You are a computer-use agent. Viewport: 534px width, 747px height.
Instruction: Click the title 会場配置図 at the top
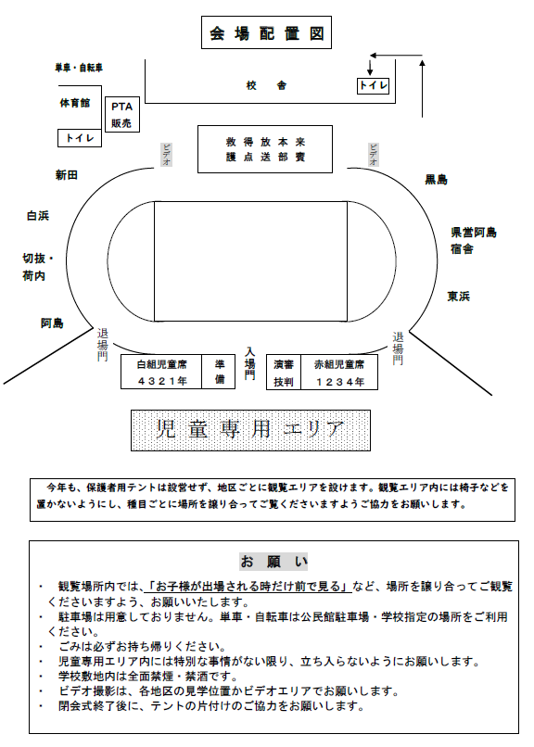click(x=266, y=32)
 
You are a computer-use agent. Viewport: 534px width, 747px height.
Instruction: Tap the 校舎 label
click(x=266, y=85)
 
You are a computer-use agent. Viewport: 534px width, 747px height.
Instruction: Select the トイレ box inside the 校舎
click(x=373, y=86)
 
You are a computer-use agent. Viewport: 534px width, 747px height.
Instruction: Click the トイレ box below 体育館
click(x=80, y=138)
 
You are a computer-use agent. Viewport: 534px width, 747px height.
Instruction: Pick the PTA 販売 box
click(x=122, y=115)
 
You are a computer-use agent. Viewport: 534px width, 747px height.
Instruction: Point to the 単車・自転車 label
click(x=79, y=68)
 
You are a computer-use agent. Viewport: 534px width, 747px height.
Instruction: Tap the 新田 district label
click(x=66, y=175)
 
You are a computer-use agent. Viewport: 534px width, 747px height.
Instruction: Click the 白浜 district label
click(x=38, y=216)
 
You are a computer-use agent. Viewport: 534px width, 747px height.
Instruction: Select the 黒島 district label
click(x=436, y=180)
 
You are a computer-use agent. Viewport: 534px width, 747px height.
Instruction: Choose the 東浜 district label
click(x=458, y=297)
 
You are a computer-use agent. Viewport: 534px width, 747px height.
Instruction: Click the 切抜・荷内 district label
click(x=38, y=267)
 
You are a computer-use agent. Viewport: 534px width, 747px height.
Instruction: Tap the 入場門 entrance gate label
click(x=249, y=363)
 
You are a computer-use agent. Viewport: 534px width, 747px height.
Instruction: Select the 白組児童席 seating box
click(x=161, y=372)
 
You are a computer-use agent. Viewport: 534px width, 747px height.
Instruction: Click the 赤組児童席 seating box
click(x=339, y=372)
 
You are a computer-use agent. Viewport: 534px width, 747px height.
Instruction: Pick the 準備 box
click(x=219, y=372)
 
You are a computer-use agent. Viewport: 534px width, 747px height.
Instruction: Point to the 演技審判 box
click(x=284, y=372)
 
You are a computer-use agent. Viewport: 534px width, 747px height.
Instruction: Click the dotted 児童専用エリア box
click(x=250, y=430)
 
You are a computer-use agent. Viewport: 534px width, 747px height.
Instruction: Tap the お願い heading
click(x=273, y=562)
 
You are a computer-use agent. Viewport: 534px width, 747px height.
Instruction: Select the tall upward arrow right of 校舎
click(x=422, y=88)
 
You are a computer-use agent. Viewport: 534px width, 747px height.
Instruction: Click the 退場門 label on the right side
click(x=398, y=348)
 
